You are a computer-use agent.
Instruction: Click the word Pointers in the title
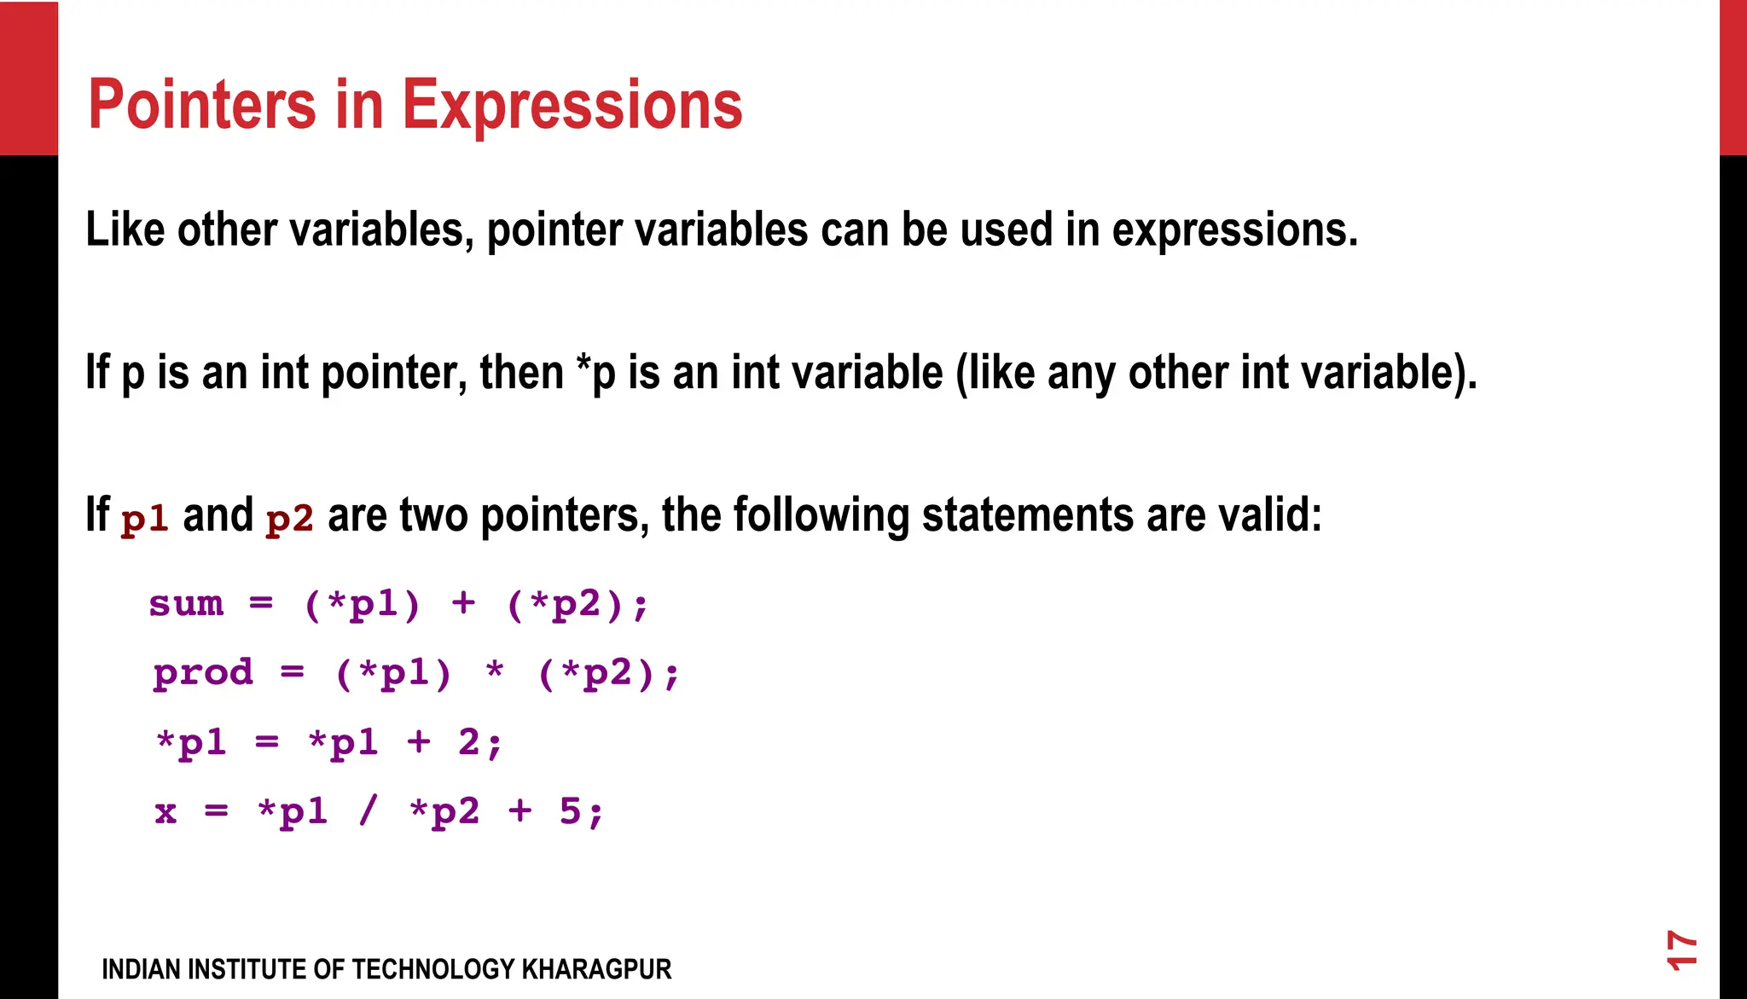point(202,105)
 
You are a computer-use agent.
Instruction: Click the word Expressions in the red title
point(572,107)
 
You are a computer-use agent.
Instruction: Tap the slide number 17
point(1681,950)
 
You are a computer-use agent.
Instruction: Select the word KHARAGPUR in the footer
point(596,970)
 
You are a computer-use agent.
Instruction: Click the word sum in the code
point(186,604)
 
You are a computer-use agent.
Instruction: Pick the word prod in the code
point(203,673)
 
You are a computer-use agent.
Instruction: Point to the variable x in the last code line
point(165,812)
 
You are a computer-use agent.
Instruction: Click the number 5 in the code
point(570,811)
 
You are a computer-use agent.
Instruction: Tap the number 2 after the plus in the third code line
point(469,742)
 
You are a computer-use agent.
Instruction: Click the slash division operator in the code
point(368,811)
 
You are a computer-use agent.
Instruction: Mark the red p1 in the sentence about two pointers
point(144,519)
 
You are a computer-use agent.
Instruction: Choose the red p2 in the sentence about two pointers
point(289,519)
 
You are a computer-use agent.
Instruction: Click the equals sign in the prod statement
point(292,673)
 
